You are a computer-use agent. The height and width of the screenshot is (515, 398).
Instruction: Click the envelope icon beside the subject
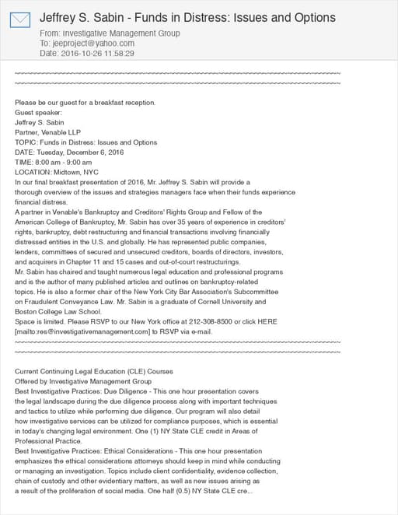click(x=19, y=21)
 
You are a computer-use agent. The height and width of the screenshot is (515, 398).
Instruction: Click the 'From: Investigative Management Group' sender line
click(x=109, y=33)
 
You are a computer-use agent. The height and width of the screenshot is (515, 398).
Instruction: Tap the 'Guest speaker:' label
click(x=38, y=113)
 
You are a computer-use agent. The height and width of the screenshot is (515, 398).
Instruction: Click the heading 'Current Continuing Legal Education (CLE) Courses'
click(x=94, y=372)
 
